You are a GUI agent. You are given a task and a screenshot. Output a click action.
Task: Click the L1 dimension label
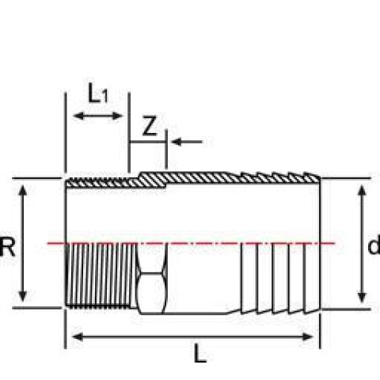click(98, 93)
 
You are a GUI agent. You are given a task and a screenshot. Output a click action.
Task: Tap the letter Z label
click(150, 126)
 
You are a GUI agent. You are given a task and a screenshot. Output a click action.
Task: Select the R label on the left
click(7, 247)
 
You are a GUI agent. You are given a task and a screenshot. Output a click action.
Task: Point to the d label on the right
click(374, 245)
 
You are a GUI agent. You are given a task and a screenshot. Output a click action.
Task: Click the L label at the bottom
click(200, 354)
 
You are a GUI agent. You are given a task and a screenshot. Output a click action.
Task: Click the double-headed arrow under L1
click(98, 116)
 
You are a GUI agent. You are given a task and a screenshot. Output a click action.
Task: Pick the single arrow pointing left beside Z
click(187, 142)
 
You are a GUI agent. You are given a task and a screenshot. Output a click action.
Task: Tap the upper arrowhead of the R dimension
click(23, 191)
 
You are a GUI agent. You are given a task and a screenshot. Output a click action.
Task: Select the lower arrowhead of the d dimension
click(362, 297)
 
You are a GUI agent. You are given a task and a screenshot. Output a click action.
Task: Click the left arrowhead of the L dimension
click(78, 336)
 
